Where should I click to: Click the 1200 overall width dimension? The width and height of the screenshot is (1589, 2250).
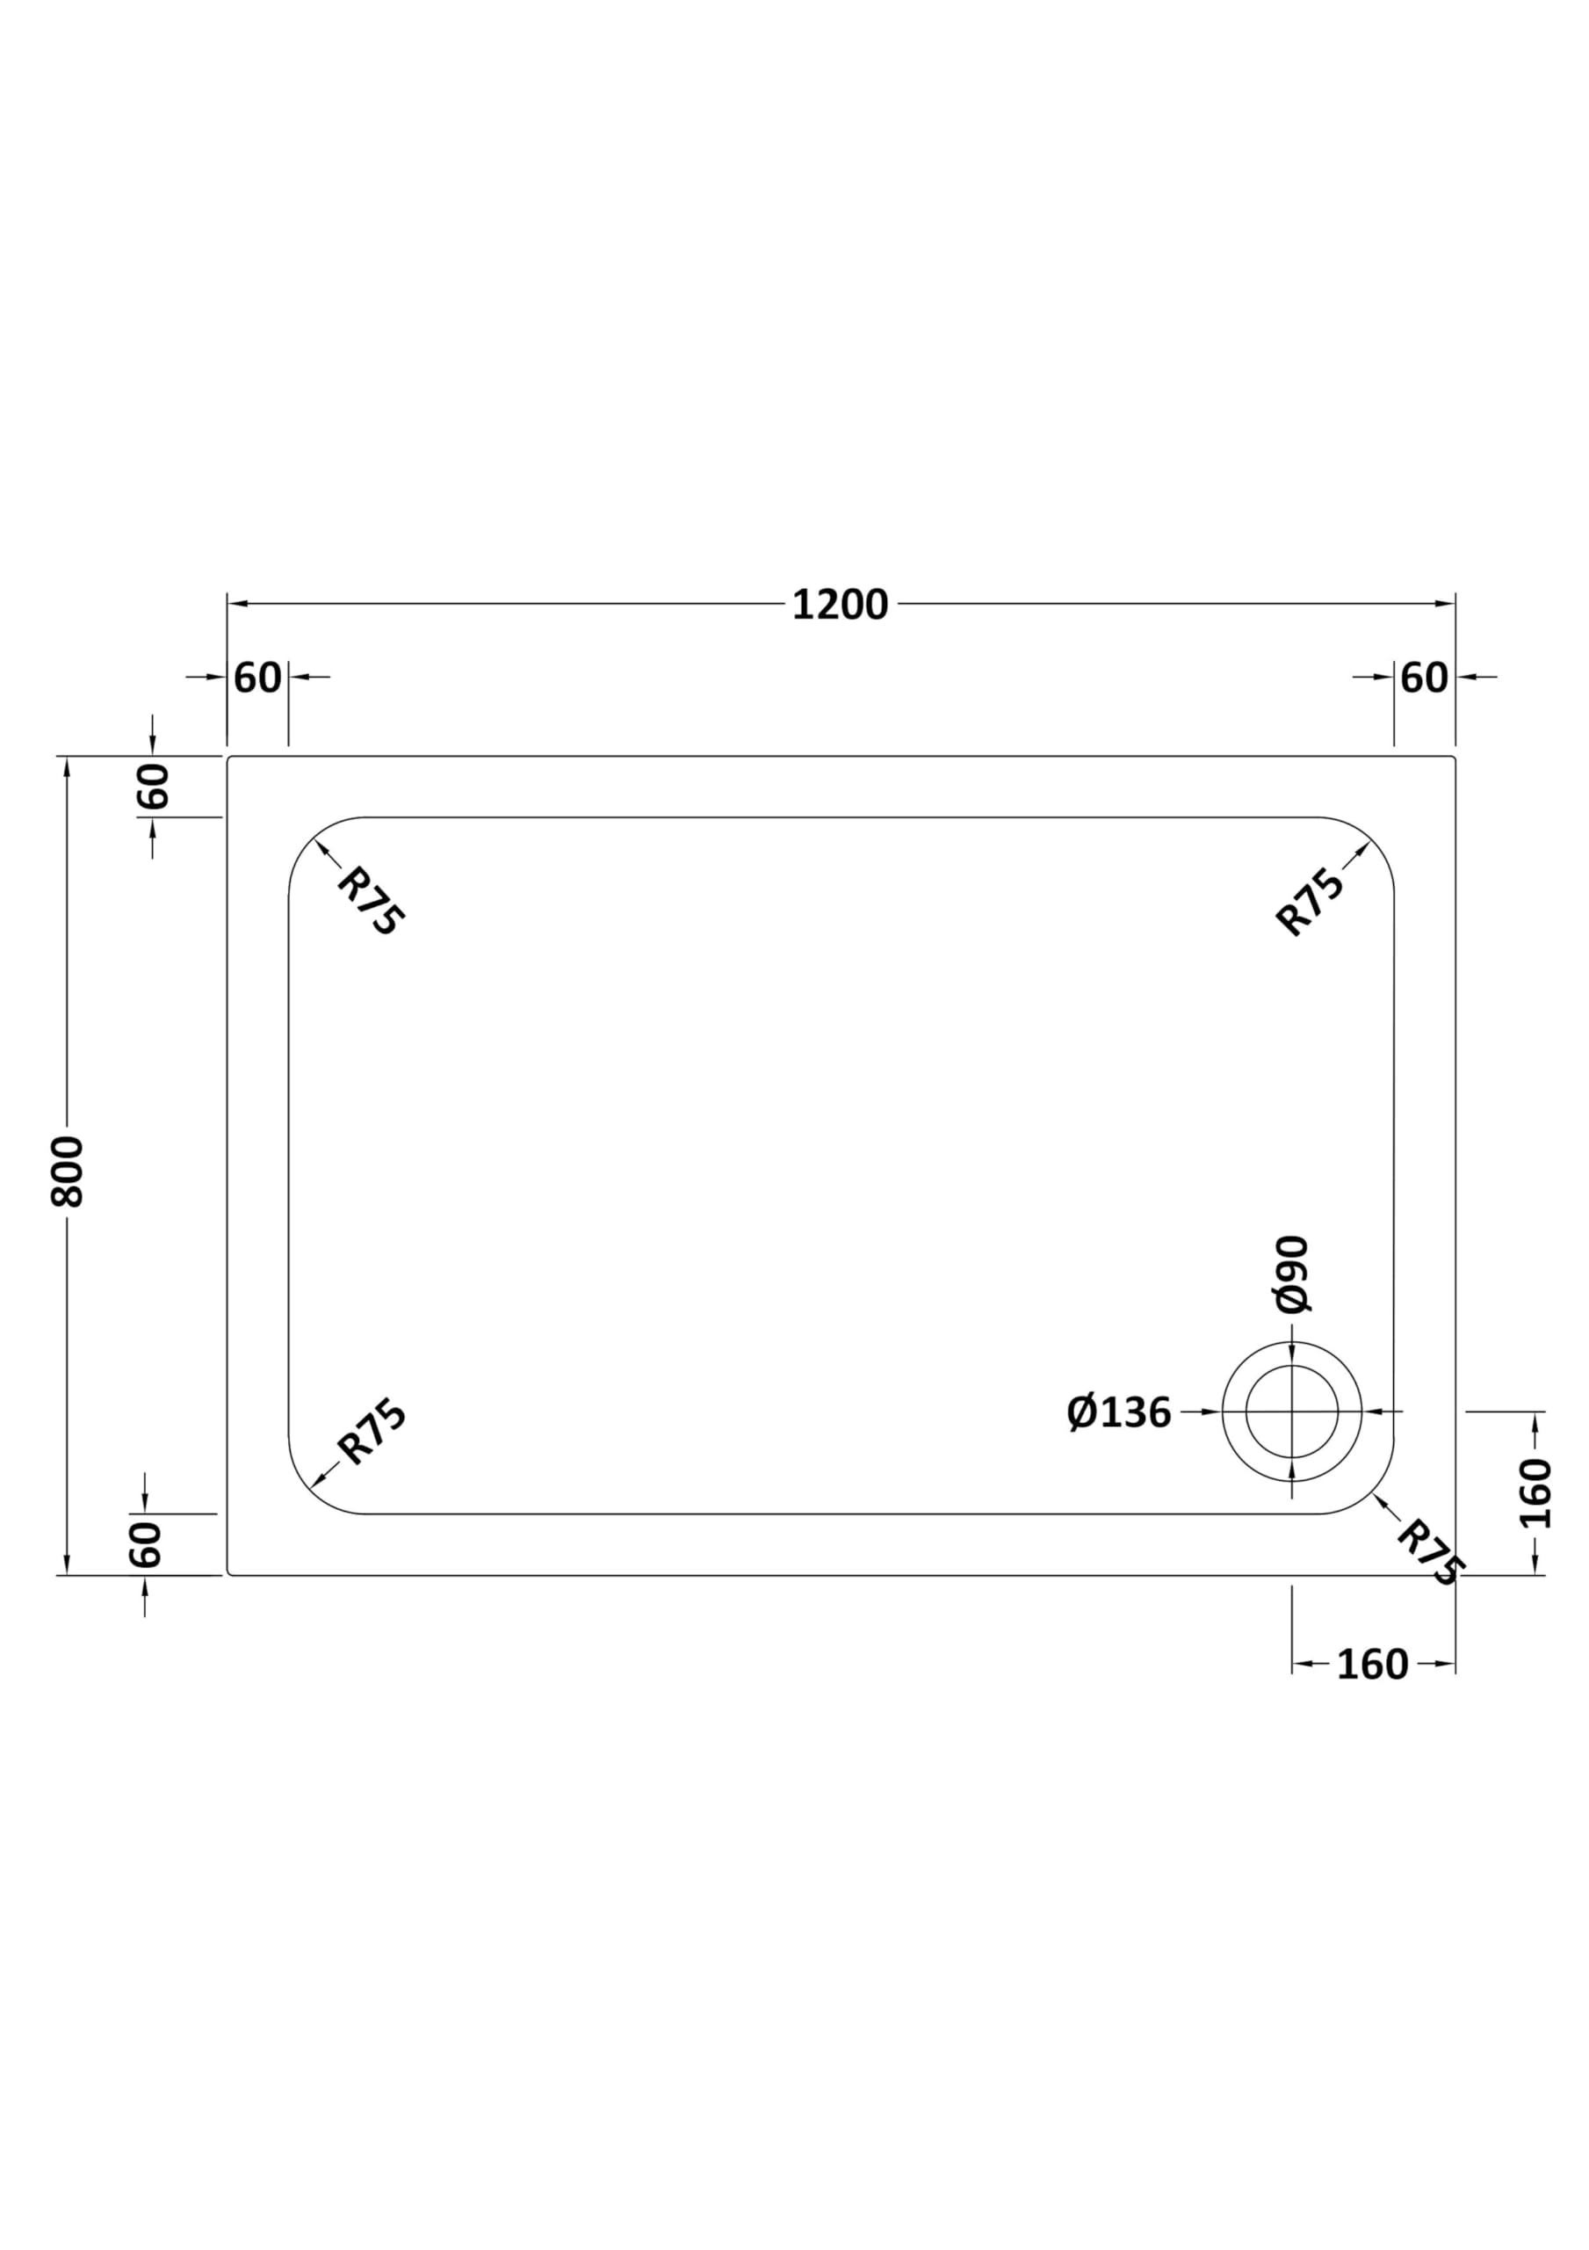tap(840, 605)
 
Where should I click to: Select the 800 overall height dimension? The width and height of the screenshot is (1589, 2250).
tap(68, 1172)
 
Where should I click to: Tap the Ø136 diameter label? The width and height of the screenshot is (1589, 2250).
tap(1119, 1412)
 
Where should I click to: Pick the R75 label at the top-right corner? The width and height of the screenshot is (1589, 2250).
tap(1310, 902)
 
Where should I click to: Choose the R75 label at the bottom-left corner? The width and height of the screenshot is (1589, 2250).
tap(372, 1433)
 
